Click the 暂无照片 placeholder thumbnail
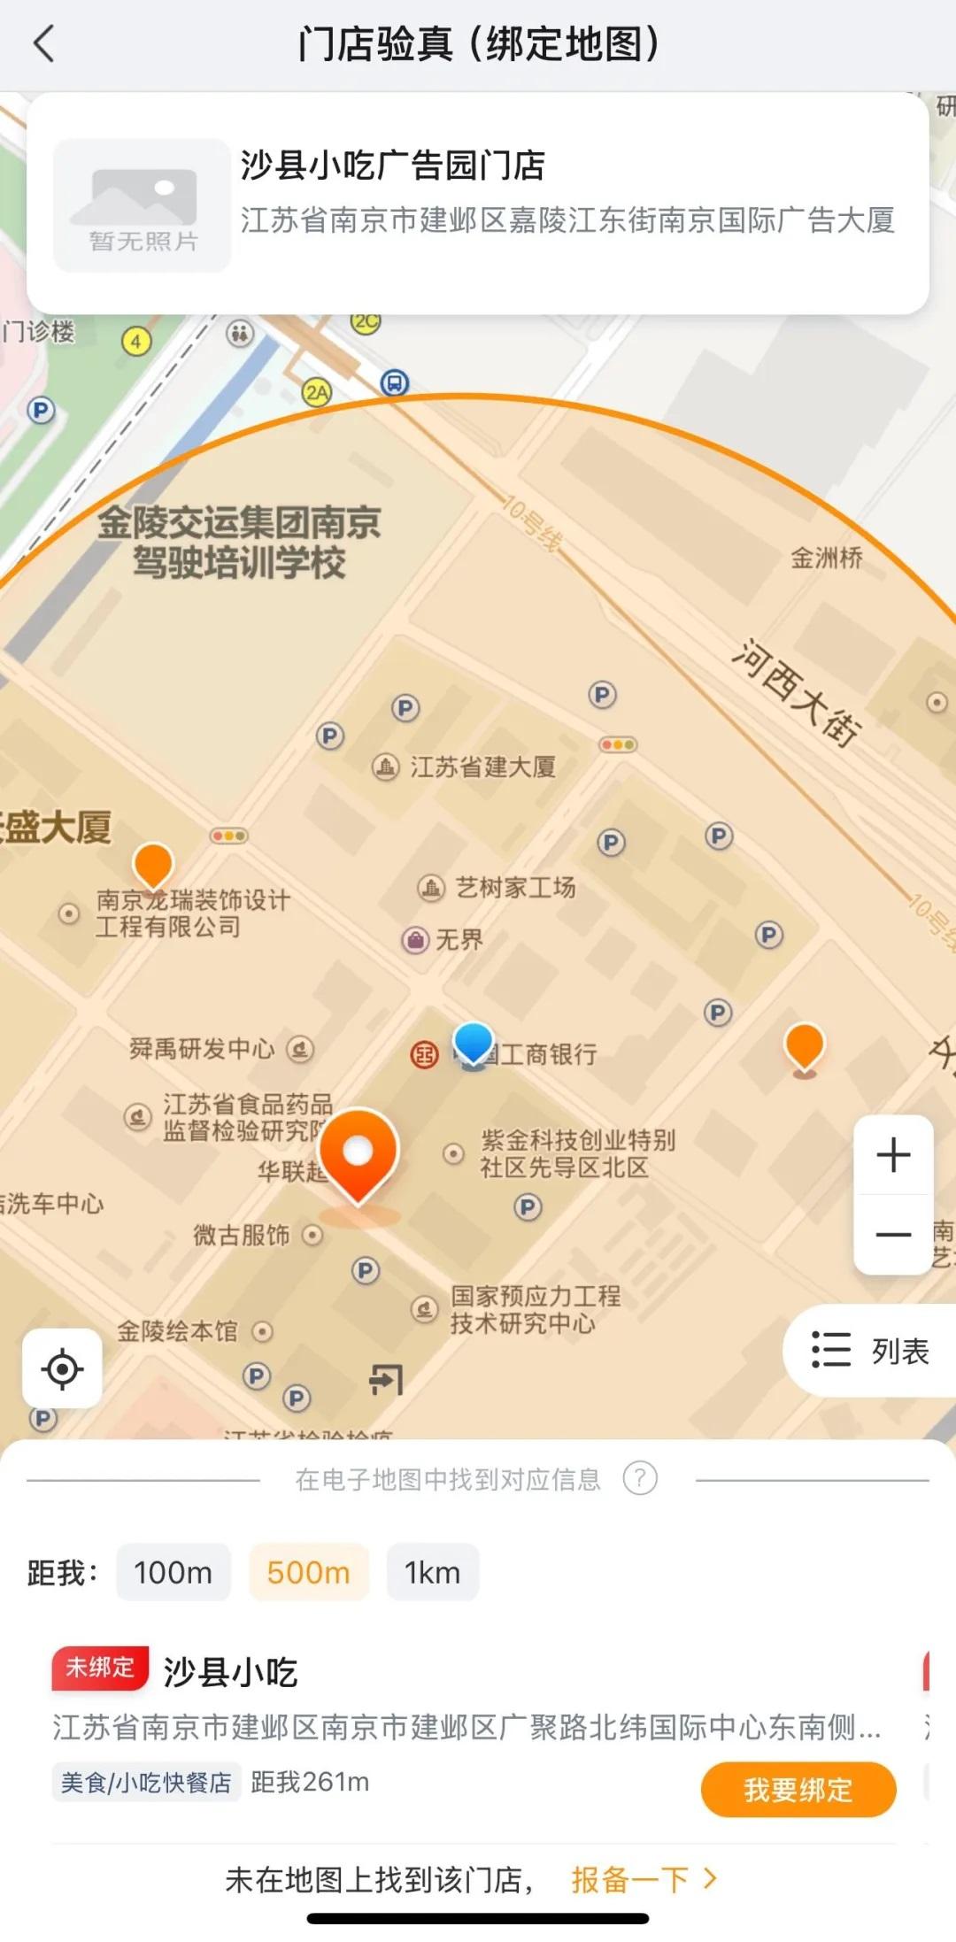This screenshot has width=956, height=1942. [x=143, y=205]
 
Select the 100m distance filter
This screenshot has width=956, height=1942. [x=173, y=1572]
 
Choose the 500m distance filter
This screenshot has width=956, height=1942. [x=308, y=1572]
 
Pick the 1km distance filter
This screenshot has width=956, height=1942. [x=432, y=1572]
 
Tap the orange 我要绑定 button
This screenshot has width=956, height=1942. [x=798, y=1790]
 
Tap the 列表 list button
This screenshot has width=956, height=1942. [x=871, y=1351]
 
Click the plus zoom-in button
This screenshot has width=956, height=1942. [x=893, y=1155]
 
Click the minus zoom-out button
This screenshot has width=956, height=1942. [x=893, y=1234]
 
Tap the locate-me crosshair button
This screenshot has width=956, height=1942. [x=62, y=1368]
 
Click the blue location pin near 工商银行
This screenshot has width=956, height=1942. [x=473, y=1043]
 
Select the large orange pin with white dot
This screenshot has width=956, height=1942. [x=358, y=1152]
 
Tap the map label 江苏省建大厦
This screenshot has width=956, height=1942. [x=482, y=767]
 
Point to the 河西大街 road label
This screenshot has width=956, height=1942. [x=795, y=692]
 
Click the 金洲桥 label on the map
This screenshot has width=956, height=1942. [x=826, y=558]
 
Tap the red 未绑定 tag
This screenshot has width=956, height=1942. [x=100, y=1668]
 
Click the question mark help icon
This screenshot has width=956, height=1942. [x=640, y=1478]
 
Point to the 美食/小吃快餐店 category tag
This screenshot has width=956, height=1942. [x=146, y=1782]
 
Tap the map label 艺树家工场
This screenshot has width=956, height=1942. [x=515, y=887]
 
